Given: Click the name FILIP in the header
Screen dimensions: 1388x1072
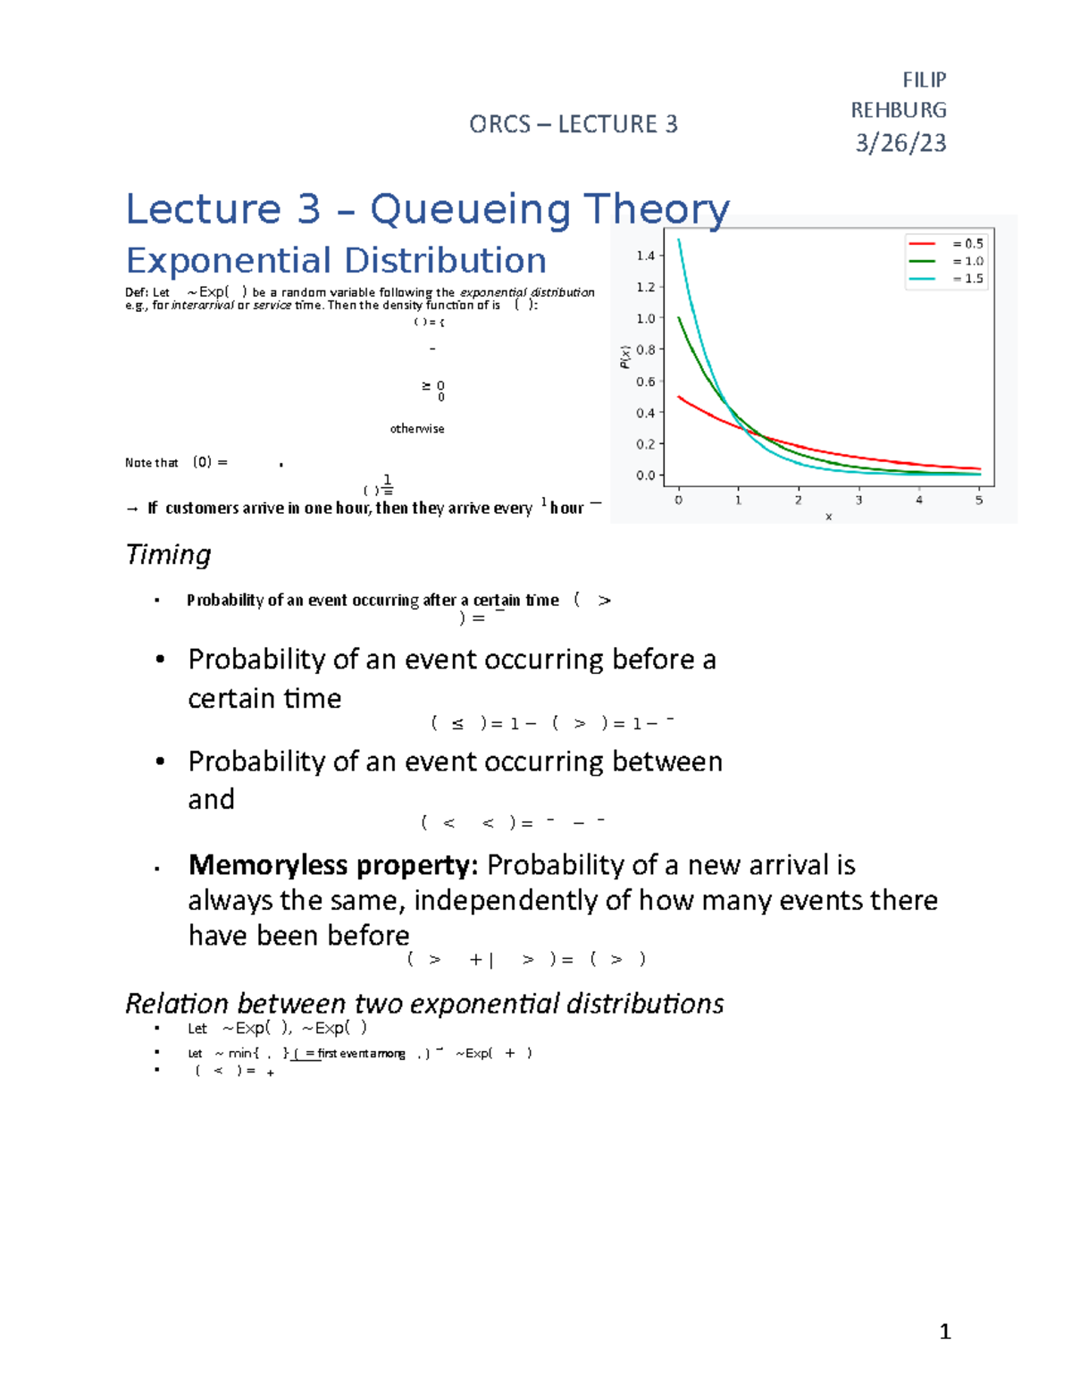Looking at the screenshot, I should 924,80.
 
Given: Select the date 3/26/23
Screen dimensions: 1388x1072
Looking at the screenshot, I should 900,143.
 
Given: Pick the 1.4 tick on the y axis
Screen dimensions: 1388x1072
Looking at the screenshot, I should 645,256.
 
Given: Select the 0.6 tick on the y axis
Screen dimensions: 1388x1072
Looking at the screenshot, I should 645,382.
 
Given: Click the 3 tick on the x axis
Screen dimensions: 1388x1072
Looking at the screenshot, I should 858,500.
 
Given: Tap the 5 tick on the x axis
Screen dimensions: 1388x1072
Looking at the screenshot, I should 979,500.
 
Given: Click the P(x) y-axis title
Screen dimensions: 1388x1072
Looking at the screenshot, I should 625,357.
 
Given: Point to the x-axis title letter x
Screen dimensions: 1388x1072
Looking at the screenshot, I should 828,517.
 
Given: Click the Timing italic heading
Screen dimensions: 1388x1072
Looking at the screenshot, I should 168,554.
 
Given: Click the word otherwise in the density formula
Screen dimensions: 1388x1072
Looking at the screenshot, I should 416,429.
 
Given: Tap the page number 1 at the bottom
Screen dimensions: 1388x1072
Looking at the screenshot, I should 945,1332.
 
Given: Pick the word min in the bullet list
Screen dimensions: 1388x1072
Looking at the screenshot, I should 239,1054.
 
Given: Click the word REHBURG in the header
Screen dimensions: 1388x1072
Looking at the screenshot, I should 898,110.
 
